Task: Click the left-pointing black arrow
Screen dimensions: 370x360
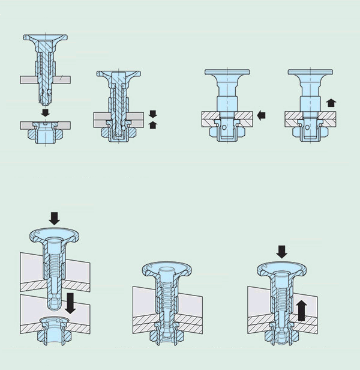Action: tap(260, 115)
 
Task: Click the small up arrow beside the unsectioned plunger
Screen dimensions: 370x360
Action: tap(331, 103)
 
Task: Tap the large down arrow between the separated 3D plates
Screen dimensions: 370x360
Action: tap(70, 302)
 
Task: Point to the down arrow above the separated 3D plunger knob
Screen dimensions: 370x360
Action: tap(54, 217)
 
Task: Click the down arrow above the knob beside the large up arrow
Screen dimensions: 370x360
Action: tap(282, 249)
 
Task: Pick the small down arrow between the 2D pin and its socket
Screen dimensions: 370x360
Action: tap(45, 112)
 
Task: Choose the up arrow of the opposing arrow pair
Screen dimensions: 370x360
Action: tap(152, 124)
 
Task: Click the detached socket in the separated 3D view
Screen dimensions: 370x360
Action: tap(53, 331)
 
